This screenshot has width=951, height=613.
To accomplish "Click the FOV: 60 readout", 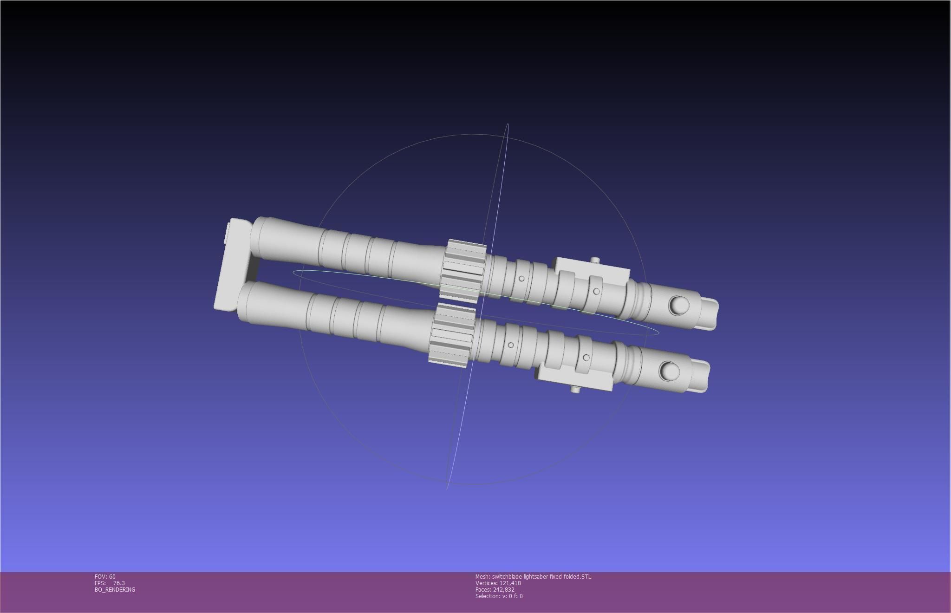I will (105, 576).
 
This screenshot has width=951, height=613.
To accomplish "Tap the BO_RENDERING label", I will (115, 589).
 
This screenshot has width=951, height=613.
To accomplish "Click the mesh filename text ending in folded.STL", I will (533, 576).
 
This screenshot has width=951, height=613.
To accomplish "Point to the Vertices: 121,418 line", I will (498, 583).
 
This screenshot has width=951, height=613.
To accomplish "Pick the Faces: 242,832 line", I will (495, 589).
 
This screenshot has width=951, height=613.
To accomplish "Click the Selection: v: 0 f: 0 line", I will (499, 596).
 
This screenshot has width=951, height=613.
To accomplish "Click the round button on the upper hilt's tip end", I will (679, 305).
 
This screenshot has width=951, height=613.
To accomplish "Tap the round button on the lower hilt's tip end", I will (669, 370).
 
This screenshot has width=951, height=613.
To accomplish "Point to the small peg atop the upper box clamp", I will (594, 261).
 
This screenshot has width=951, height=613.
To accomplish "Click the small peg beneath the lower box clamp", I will (575, 389).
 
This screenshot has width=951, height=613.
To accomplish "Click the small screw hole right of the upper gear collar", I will (521, 279).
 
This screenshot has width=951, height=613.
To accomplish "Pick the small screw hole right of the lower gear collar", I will (511, 345).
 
